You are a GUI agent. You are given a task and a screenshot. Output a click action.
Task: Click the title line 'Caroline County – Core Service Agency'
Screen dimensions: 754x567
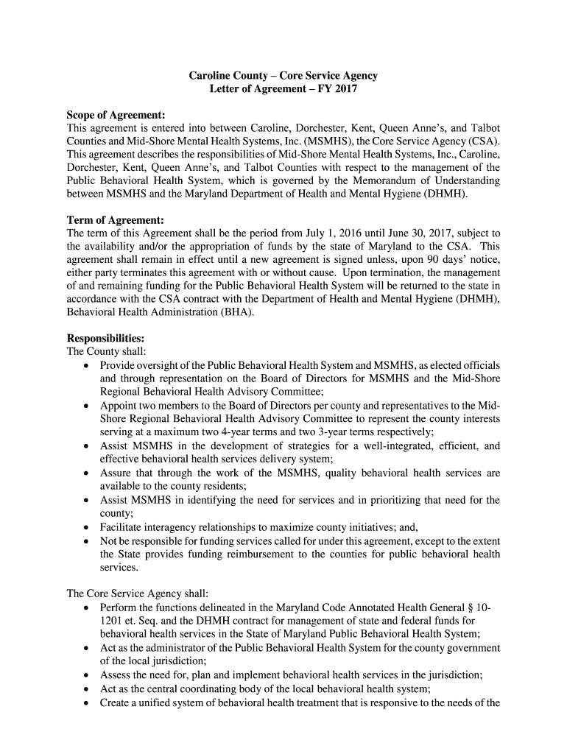coord(283,75)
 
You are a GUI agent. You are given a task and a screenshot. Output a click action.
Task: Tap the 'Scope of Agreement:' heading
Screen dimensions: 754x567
coord(116,115)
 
